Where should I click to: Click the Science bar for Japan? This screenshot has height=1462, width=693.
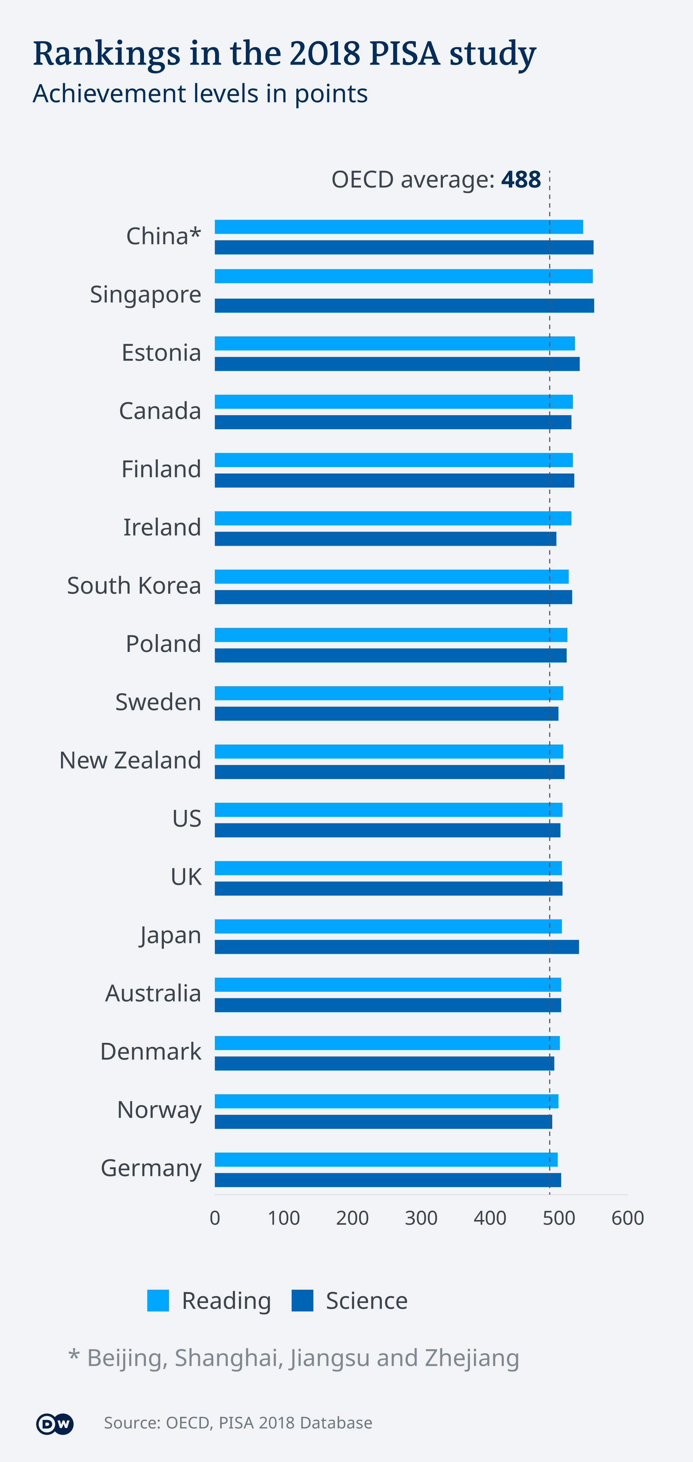tap(396, 947)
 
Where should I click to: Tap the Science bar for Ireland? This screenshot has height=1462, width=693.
tap(385, 538)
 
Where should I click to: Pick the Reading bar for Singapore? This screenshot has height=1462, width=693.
tap(403, 276)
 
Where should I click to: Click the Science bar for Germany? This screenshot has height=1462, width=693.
tap(387, 1180)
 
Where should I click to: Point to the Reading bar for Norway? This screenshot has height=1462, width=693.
tap(386, 1101)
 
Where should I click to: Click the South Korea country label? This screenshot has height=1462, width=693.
tap(134, 585)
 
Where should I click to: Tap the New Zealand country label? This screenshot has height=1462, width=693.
tap(130, 760)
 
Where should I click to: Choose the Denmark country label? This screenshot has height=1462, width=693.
tap(151, 1051)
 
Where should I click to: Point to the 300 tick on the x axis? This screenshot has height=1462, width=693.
tap(421, 1218)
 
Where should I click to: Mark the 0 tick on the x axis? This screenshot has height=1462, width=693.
tap(215, 1218)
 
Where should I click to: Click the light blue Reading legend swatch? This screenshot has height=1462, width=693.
tap(158, 1300)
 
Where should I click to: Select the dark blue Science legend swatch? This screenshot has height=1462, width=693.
tap(302, 1300)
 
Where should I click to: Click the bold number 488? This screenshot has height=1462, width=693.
tap(521, 179)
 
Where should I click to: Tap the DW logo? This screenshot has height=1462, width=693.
tap(55, 1423)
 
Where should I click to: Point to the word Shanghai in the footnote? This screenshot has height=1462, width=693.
tap(227, 1357)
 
